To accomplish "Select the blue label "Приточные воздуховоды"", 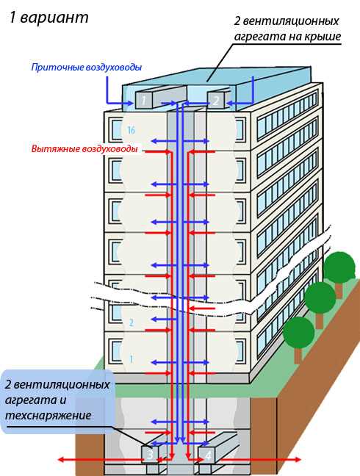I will click(x=87, y=68).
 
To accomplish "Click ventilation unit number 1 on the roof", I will click(x=145, y=98).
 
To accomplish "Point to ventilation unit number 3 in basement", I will click(x=150, y=455).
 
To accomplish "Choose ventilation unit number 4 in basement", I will click(x=209, y=455).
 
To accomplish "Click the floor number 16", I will click(x=131, y=131).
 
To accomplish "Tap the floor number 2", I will click(x=131, y=322).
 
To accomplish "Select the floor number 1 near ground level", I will click(x=131, y=359).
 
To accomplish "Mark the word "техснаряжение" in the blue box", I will click(x=48, y=415).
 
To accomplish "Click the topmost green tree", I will click(x=339, y=267).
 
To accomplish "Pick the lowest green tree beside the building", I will click(x=298, y=333).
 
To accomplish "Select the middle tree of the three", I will click(x=320, y=298).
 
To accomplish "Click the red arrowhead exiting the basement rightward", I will click(x=297, y=460).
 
